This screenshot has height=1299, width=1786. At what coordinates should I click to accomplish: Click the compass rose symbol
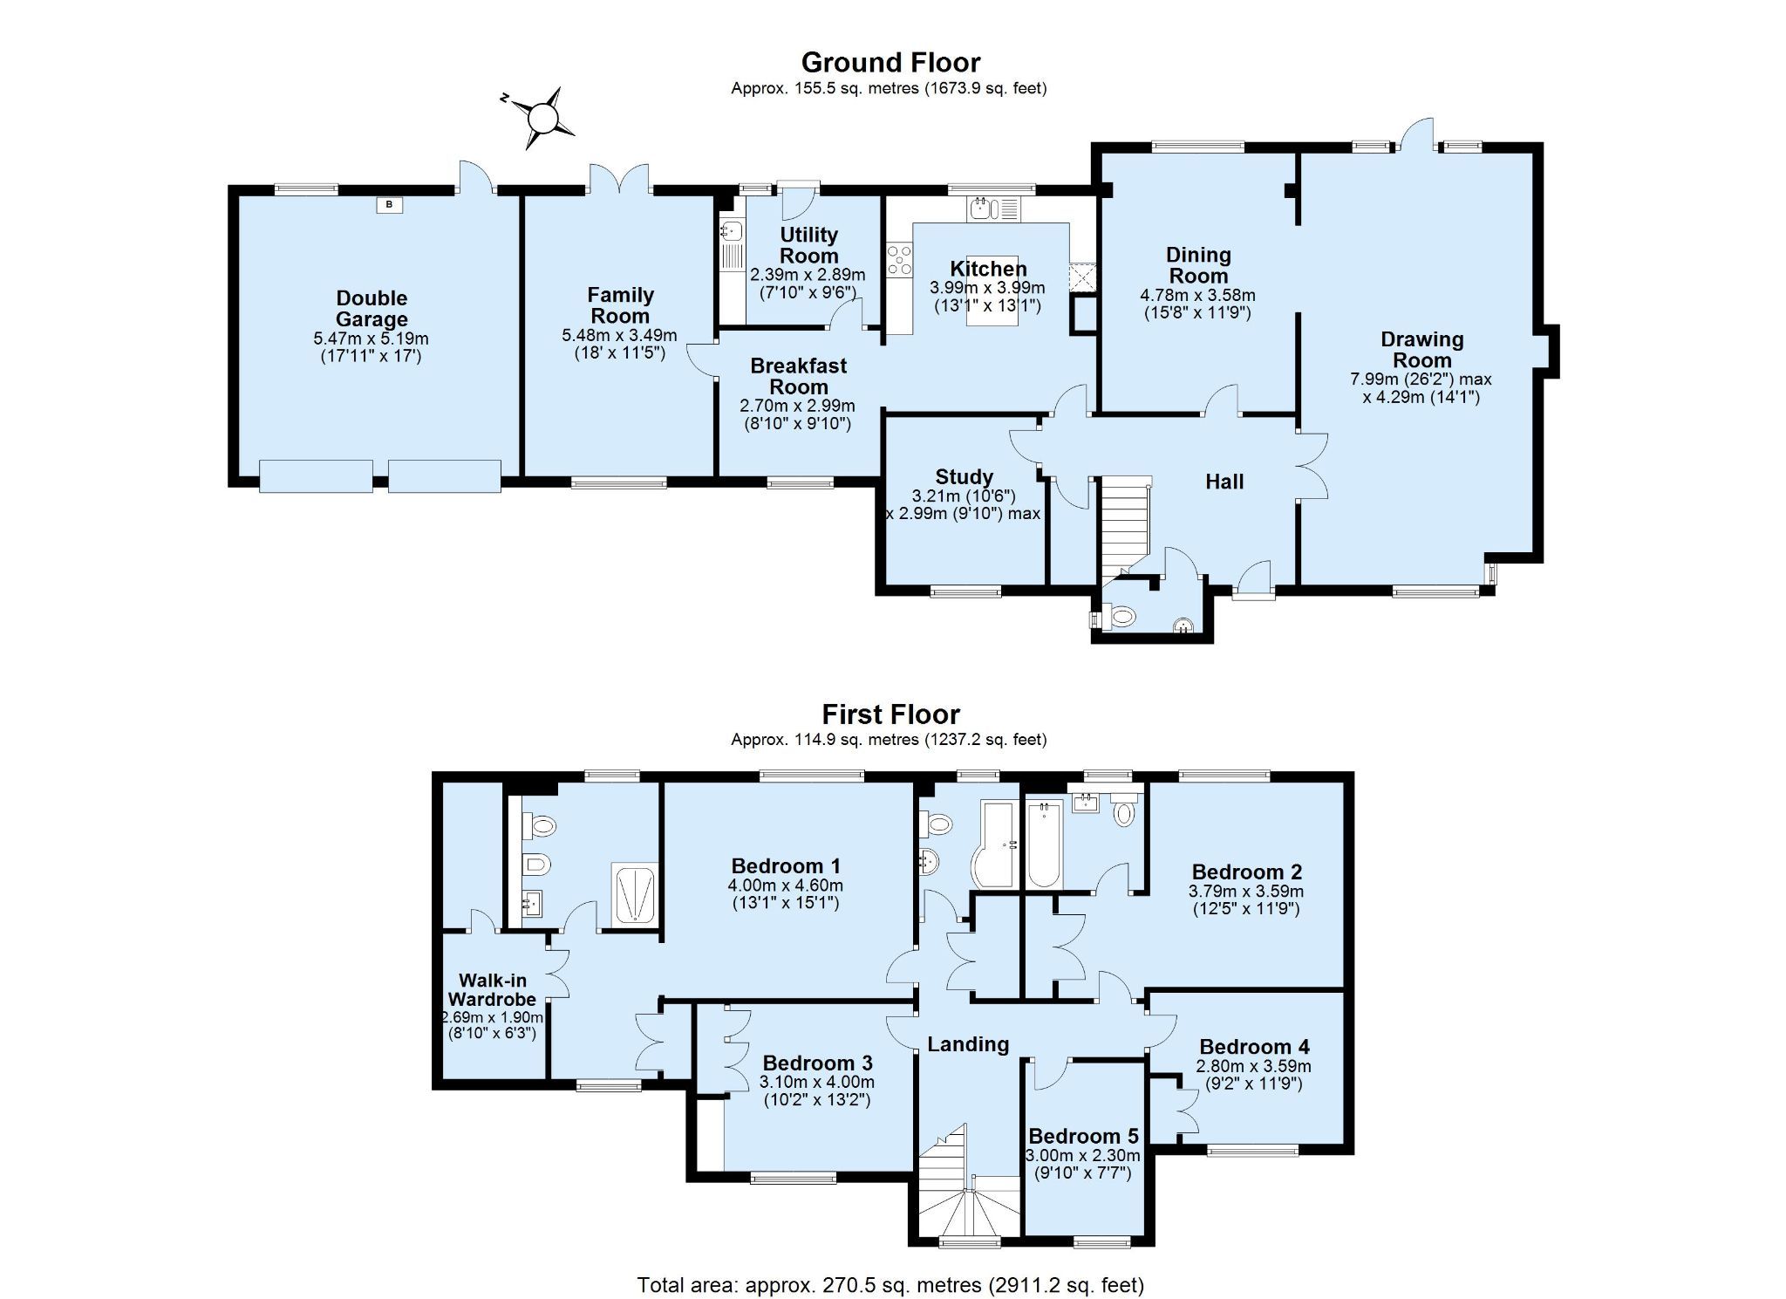542,117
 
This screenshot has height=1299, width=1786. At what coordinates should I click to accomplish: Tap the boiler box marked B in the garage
390,205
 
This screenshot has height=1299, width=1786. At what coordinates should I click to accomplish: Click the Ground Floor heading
890,63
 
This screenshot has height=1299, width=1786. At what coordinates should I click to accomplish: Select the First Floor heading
890,714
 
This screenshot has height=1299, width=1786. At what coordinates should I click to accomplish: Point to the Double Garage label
372,309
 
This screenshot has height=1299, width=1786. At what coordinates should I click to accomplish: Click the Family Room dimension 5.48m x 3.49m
619,335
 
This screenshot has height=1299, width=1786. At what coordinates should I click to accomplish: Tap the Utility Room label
808,245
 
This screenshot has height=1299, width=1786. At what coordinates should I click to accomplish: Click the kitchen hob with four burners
899,261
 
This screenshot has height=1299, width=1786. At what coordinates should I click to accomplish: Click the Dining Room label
1198,265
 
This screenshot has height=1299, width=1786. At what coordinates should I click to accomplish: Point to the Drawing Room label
1421,350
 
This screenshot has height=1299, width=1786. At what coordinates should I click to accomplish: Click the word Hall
1224,482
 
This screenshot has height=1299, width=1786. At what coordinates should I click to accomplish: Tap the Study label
964,477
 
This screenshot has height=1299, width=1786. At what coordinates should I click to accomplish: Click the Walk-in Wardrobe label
493,990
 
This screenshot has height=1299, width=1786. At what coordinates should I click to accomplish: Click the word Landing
968,1044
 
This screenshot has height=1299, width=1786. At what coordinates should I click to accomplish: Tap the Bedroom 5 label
1083,1137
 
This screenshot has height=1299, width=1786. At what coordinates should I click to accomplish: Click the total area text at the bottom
890,1284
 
